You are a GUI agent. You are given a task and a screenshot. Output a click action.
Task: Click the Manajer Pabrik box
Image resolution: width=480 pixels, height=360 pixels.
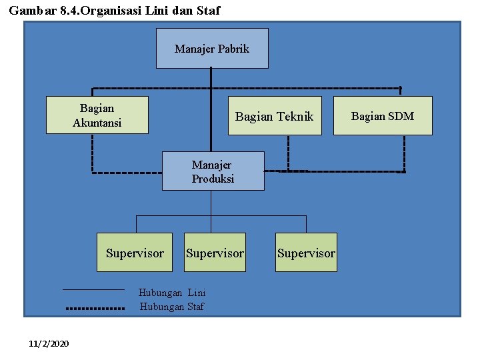click(x=212, y=48)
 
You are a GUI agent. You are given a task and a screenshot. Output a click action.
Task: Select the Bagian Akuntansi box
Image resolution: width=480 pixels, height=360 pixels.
click(x=97, y=115)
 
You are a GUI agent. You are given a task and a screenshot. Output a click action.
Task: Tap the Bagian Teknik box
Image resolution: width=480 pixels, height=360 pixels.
click(x=274, y=116)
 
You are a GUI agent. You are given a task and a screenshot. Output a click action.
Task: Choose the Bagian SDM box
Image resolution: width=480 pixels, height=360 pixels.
click(x=383, y=116)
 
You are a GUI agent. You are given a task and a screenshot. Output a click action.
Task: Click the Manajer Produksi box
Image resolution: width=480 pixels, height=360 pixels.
click(x=213, y=171)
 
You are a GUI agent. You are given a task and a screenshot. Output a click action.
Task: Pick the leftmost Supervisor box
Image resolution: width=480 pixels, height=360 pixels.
click(x=135, y=253)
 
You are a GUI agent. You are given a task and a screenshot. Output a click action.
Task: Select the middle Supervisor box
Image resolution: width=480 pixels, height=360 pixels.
click(x=215, y=253)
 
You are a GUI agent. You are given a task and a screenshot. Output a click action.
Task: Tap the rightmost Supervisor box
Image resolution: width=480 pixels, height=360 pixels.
click(x=306, y=253)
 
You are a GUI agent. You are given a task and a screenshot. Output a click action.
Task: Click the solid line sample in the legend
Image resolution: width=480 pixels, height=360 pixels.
click(x=93, y=290)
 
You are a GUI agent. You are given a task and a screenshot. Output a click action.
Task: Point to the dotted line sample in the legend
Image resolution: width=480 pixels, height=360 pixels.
click(x=95, y=309)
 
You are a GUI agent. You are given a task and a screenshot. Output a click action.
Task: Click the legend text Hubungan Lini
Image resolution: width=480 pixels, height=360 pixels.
click(x=172, y=293)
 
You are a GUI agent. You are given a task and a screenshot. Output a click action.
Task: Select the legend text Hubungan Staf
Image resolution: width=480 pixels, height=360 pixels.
click(x=172, y=307)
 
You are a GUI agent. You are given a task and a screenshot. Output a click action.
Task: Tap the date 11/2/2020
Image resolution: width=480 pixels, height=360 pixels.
click(x=49, y=343)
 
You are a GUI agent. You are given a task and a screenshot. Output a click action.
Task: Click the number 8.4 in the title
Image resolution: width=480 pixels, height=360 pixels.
click(x=69, y=11)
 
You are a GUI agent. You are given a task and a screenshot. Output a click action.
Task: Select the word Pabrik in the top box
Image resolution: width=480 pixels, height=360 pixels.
click(x=234, y=49)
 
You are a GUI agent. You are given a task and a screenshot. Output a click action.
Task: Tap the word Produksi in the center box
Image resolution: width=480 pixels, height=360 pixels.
click(x=213, y=179)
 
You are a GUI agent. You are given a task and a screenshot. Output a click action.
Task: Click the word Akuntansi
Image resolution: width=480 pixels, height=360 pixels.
click(x=97, y=123)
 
